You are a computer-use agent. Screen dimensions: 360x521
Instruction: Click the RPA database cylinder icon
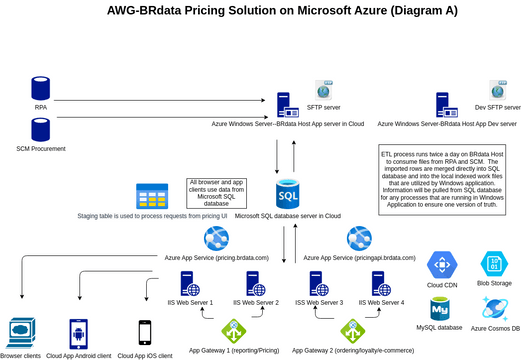[41, 87]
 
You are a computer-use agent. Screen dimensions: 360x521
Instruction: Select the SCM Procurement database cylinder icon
[41, 129]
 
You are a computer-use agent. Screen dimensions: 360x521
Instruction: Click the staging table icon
[152, 195]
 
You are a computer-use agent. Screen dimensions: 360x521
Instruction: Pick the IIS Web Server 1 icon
[187, 283]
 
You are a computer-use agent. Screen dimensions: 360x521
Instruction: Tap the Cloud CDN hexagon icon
[442, 265]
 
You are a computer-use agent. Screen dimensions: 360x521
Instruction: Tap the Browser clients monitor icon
[20, 330]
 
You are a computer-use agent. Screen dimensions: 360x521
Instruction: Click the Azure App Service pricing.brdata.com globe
[216, 239]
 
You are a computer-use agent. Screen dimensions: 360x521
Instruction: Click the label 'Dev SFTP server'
[497, 106]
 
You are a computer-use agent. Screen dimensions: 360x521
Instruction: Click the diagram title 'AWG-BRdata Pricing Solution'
[259, 12]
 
